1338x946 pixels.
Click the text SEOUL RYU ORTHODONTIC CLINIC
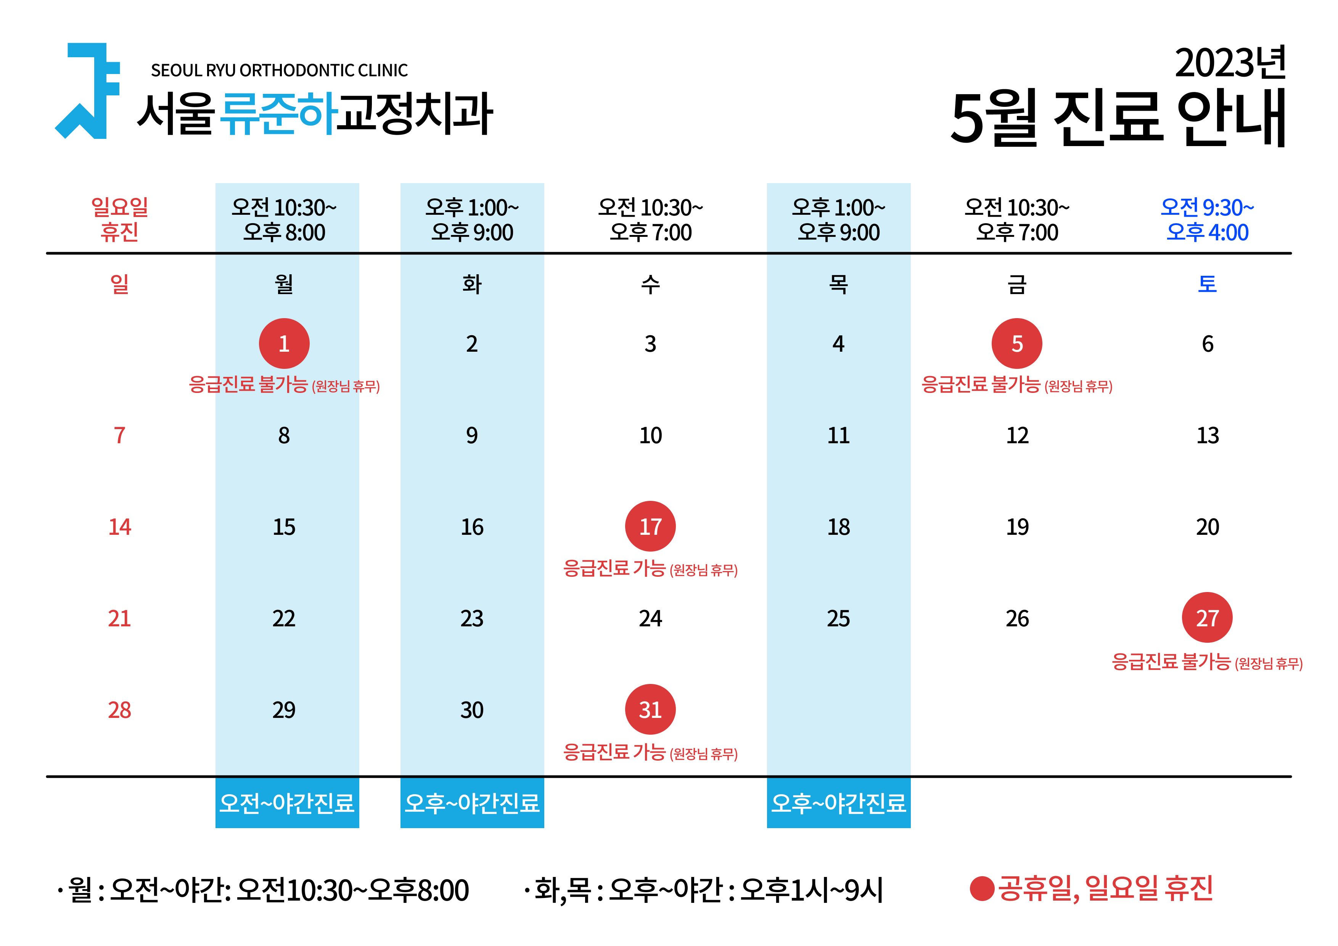pyautogui.click(x=279, y=71)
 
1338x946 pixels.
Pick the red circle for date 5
pyautogui.click(x=1017, y=343)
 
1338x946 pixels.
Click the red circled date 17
pyautogui.click(x=650, y=526)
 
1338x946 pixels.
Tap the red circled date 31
pyautogui.click(x=650, y=709)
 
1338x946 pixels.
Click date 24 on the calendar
pyautogui.click(x=650, y=618)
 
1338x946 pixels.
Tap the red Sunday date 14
pyautogui.click(x=119, y=527)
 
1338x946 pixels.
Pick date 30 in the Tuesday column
pyautogui.click(x=472, y=710)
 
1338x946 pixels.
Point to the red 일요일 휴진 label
pyautogui.click(x=119, y=220)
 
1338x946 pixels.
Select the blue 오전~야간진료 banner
pyautogui.click(x=287, y=803)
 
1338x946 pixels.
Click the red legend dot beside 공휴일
pyautogui.click(x=982, y=889)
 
